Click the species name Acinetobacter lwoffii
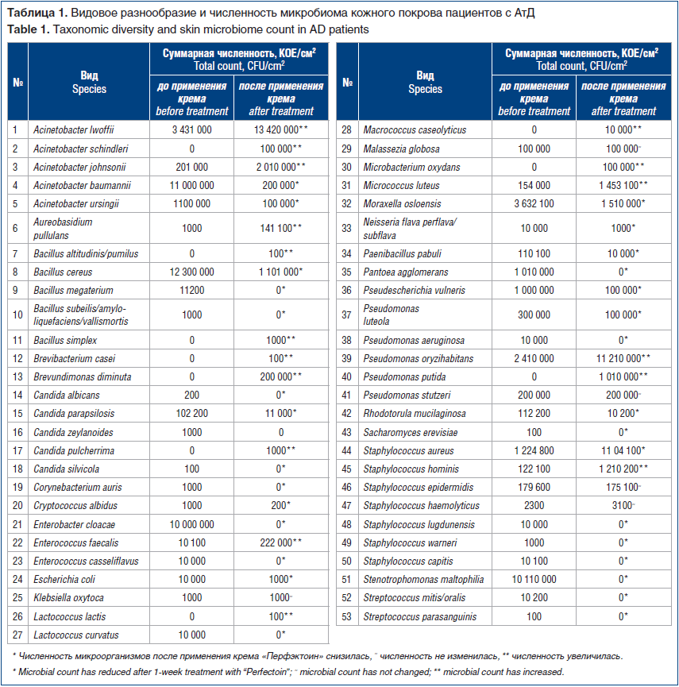(x=74, y=129)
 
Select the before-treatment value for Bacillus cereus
(x=192, y=272)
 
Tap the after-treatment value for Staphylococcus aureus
(x=623, y=450)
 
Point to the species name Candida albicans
(x=67, y=396)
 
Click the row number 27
(x=17, y=635)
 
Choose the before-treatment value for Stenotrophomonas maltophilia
(x=534, y=579)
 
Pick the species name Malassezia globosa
(x=401, y=149)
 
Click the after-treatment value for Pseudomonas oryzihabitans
(x=623, y=358)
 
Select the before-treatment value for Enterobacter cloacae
(x=192, y=524)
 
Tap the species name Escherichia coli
(x=64, y=579)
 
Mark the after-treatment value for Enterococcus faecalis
(x=281, y=542)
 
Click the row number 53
(x=346, y=616)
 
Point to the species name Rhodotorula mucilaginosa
(x=415, y=413)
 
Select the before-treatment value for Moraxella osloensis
(x=534, y=204)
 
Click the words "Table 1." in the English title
(x=29, y=29)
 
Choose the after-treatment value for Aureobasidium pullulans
(x=281, y=228)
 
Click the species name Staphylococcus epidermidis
(x=419, y=487)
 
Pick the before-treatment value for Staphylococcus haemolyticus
(x=534, y=505)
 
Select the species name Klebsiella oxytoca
(x=69, y=597)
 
